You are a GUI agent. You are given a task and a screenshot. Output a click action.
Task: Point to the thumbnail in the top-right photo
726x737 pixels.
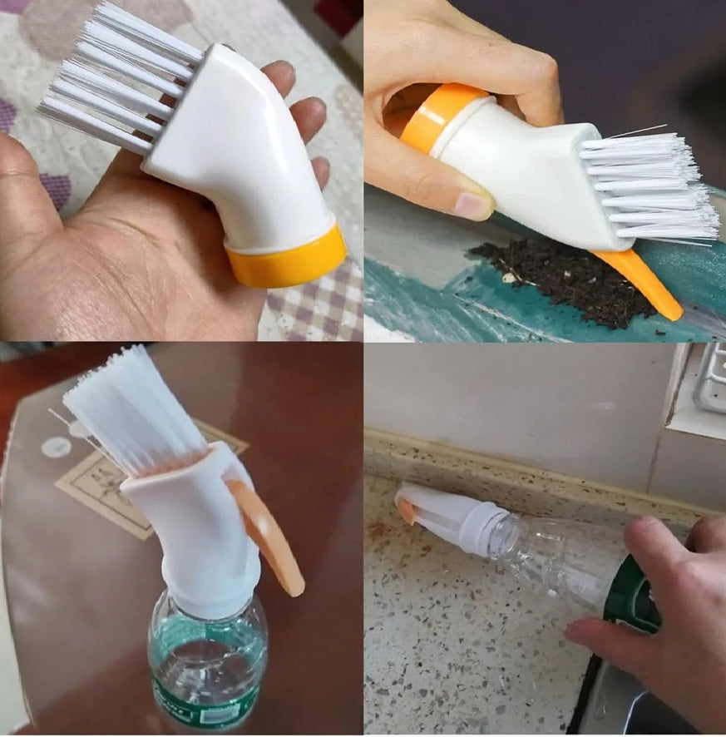point(475,205)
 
